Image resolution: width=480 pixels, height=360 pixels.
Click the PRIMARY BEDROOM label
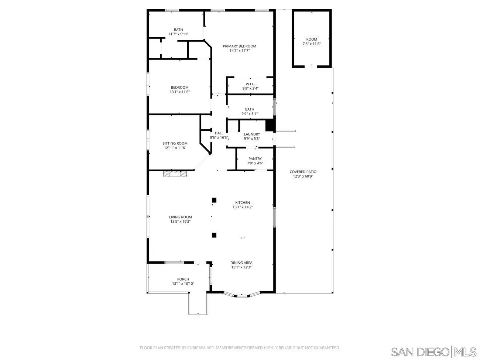[x=239, y=46]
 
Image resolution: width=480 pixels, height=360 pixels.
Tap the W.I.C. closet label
[x=250, y=84]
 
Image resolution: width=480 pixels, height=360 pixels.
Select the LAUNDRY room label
[x=252, y=134]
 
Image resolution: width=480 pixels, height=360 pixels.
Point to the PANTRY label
[x=255, y=159]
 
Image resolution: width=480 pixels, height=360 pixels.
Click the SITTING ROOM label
[x=175, y=143]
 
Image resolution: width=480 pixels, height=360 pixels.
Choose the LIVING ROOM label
[x=180, y=217]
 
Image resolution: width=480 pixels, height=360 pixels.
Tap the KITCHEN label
[x=243, y=203]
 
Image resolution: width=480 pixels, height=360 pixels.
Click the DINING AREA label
[x=241, y=263]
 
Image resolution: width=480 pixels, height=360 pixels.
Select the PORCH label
[x=183, y=279]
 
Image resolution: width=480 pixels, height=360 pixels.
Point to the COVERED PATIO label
[x=303, y=172]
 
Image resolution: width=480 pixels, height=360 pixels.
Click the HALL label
[x=219, y=133]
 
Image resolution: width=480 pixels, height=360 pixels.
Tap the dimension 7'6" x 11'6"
[x=312, y=44]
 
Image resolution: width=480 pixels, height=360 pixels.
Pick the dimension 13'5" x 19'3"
[x=180, y=222]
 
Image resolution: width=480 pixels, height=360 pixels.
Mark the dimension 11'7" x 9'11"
[x=178, y=34]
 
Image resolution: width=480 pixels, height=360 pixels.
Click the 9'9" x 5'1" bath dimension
[x=250, y=114]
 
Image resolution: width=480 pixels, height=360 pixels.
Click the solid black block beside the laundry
[x=270, y=125]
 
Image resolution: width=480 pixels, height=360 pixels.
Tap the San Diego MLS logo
[x=433, y=351]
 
